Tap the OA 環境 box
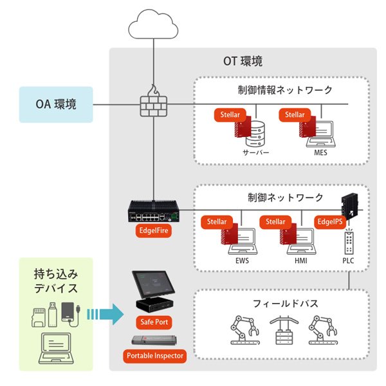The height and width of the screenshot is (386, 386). (57, 104)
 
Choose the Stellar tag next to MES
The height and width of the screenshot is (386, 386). (295, 115)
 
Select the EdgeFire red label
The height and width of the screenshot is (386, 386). (154, 230)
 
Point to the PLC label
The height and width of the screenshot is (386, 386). (349, 262)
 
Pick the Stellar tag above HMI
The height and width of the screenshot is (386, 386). (276, 222)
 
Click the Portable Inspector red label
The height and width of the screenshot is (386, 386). (155, 355)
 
